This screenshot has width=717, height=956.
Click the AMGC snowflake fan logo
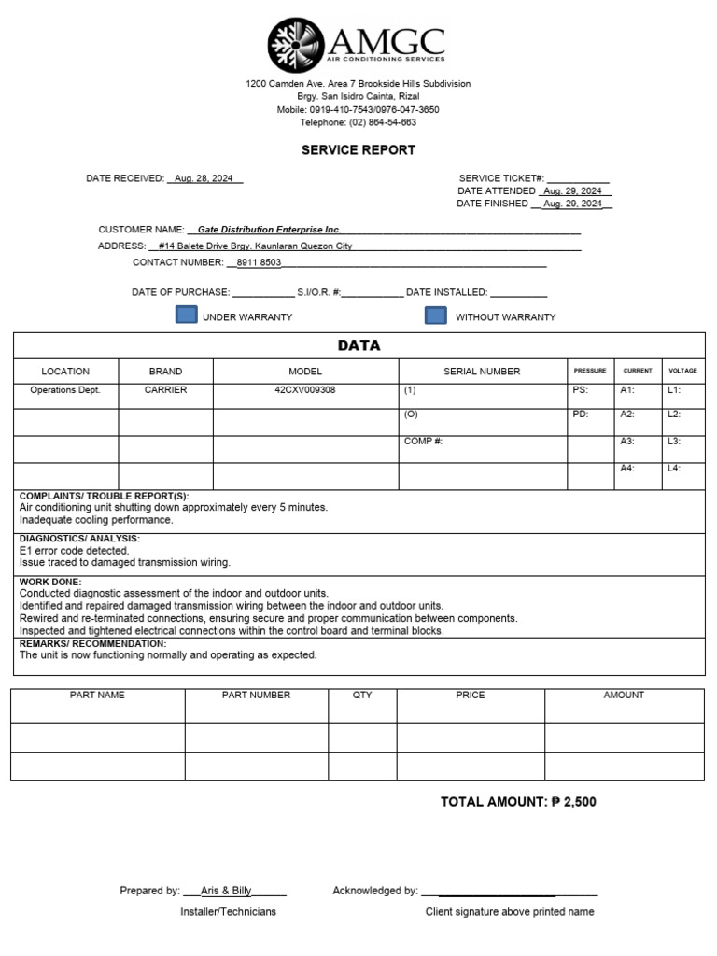pyautogui.click(x=296, y=45)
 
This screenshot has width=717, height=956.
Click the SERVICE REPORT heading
pyautogui.click(x=358, y=150)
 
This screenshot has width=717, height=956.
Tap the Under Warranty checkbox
pyautogui.click(x=187, y=316)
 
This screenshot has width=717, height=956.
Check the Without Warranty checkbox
pyautogui.click(x=436, y=316)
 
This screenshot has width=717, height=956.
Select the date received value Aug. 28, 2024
pyautogui.click(x=205, y=178)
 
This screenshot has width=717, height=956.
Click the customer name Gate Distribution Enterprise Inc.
pyautogui.click(x=269, y=230)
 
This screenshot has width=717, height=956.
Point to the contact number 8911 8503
pyautogui.click(x=259, y=263)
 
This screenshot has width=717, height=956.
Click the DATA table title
pyautogui.click(x=358, y=345)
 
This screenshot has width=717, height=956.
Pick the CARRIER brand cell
pyautogui.click(x=165, y=390)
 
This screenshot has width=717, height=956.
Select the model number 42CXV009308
pyautogui.click(x=305, y=390)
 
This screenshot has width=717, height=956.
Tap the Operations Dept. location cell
pyautogui.click(x=65, y=390)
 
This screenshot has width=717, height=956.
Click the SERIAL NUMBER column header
pyautogui.click(x=482, y=372)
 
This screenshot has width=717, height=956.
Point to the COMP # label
pyautogui.click(x=423, y=441)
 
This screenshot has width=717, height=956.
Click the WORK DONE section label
pyautogui.click(x=50, y=583)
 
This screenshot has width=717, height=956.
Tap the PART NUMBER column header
pyautogui.click(x=256, y=696)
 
